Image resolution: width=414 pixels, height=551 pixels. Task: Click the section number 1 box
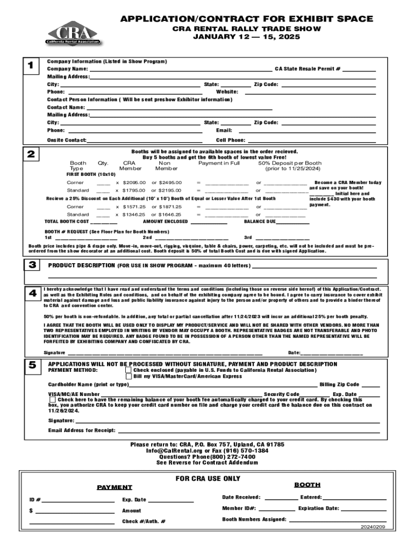31,66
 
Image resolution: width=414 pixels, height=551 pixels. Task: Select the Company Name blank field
180,69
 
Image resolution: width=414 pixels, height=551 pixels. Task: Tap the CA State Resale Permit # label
308,69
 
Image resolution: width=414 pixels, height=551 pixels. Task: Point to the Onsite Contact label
67,140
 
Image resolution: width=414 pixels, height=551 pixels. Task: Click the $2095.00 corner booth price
134,183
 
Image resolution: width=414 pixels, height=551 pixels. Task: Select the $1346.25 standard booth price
134,215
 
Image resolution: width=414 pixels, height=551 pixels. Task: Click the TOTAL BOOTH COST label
67,222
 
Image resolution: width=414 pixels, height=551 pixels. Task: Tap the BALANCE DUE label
260,222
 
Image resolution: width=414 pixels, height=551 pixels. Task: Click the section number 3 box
31,265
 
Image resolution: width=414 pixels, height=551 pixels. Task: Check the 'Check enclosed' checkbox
128,370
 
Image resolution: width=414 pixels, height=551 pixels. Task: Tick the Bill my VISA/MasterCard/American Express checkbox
128,377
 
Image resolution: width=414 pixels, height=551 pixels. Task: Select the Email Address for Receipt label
82,430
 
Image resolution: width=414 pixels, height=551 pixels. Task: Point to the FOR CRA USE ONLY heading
208,479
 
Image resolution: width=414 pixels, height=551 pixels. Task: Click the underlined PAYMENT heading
114,488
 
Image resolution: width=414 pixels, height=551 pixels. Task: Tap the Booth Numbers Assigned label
254,520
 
